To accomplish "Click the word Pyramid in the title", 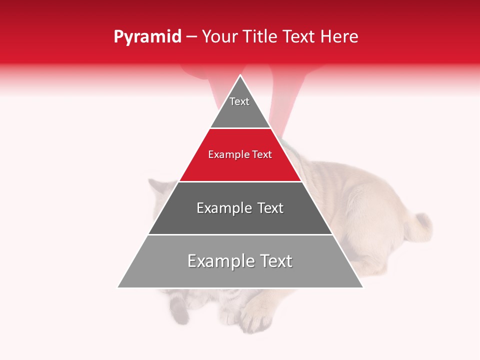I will [147, 37].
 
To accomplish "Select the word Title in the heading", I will [260, 37].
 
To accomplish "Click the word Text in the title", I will [299, 37].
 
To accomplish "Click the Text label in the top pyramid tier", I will [239, 101].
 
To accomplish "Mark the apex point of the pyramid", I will [240, 75].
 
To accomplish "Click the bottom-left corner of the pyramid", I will [118, 287].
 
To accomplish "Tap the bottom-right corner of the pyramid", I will [363, 287].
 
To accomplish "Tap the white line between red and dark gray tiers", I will [240, 181].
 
